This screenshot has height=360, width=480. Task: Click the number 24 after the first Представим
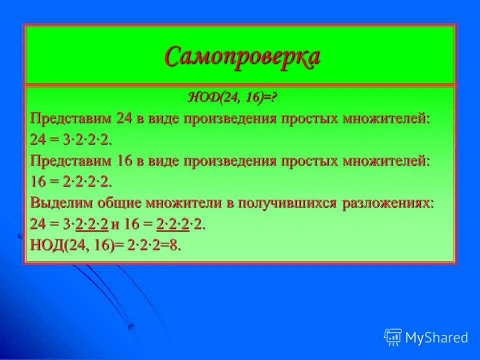click(123, 118)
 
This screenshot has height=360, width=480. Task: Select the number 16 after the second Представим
click(123, 161)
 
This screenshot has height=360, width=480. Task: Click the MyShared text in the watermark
click(436, 337)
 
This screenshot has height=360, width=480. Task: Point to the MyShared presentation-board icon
click(393, 337)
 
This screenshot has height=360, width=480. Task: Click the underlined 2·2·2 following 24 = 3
click(91, 224)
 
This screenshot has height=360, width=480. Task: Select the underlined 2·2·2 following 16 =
click(172, 224)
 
